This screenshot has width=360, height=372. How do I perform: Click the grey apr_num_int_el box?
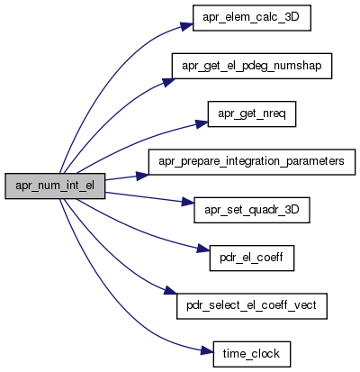point(55,186)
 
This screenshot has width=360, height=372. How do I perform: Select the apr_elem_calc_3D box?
point(251,18)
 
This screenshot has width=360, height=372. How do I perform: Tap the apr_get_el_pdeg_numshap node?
point(252,66)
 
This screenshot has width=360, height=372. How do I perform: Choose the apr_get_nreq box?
point(252,114)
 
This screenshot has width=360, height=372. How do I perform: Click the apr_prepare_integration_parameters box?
point(252,162)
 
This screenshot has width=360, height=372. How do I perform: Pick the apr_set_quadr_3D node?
point(252,210)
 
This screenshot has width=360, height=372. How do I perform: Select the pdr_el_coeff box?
point(252,258)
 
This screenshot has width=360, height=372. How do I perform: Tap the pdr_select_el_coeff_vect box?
point(252,306)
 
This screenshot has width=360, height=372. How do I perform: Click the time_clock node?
point(252,354)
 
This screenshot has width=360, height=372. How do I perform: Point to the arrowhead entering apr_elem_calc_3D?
point(187,26)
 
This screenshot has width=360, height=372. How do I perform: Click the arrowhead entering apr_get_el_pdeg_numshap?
point(169,82)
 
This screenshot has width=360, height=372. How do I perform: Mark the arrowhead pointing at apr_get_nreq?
point(202,123)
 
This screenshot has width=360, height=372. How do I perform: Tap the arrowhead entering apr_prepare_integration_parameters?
point(142,176)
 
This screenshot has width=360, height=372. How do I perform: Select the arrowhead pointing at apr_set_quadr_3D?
point(188,202)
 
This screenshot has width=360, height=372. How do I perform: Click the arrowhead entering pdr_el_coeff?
point(203,249)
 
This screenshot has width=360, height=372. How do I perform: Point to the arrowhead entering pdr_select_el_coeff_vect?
point(171,291)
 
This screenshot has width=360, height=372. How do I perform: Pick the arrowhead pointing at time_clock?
point(207,349)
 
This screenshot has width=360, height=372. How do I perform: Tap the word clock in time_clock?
point(265,353)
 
